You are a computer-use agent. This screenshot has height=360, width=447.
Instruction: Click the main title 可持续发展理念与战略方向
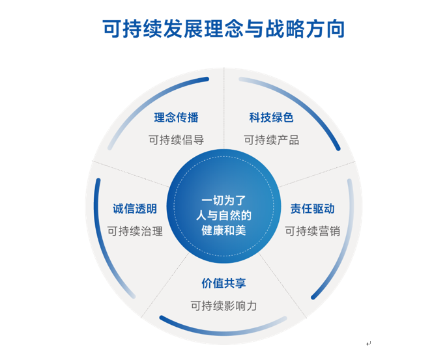coord(223,29)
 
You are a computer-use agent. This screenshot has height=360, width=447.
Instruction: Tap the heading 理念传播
coord(176,117)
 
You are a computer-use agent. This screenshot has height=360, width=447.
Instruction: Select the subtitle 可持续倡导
coord(176,140)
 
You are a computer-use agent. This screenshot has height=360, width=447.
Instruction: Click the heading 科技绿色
coord(271,117)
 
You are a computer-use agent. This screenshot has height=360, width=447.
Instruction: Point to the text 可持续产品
coord(271,140)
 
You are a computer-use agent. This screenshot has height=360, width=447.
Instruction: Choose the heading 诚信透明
coord(135,208)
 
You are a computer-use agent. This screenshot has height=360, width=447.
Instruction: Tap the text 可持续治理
coord(135,231)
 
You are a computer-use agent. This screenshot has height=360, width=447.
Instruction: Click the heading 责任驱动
coord(313,208)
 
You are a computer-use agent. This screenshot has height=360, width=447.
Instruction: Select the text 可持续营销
coord(313,231)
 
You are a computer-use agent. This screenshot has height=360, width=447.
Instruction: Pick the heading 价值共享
coord(223,283)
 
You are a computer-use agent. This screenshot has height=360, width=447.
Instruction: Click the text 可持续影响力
coord(223,305)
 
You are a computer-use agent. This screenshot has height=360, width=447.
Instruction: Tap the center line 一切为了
coord(223,201)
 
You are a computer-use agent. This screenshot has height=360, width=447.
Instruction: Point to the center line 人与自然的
coord(223,215)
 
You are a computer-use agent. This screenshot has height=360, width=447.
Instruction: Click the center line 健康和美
coord(223,230)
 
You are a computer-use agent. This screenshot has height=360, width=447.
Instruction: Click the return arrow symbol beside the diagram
coord(369,344)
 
